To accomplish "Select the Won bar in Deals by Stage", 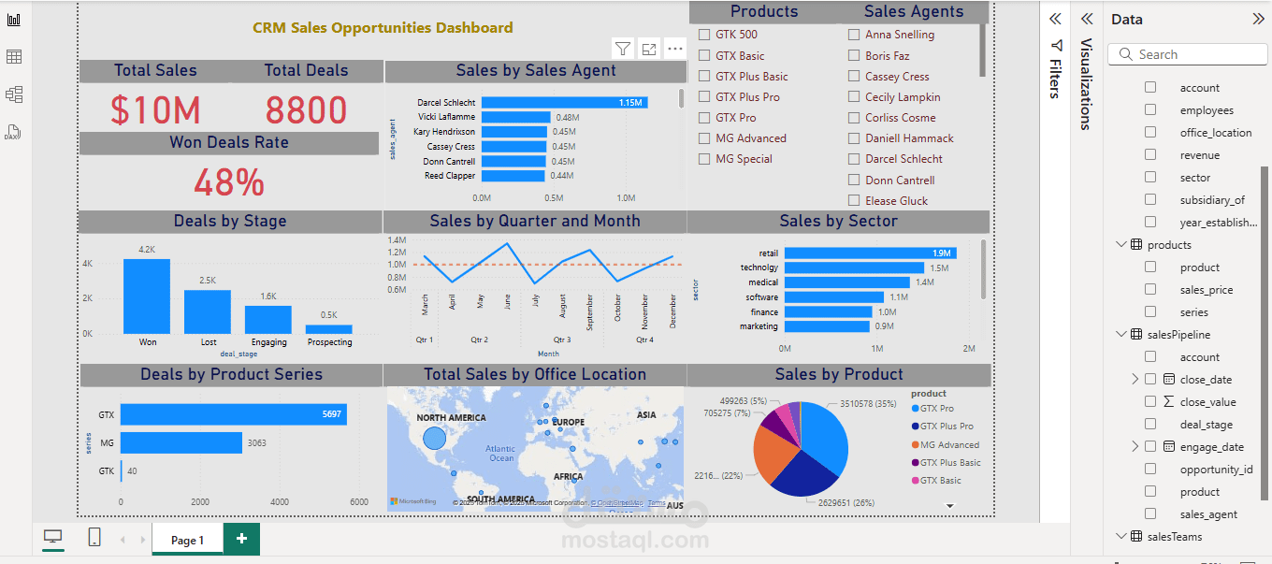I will [x=147, y=296].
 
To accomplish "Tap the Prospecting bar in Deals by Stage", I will [x=329, y=329].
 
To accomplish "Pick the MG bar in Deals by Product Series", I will [x=181, y=442].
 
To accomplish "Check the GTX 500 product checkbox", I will [x=704, y=35].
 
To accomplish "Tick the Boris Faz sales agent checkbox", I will [x=854, y=56].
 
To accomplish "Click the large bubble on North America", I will [x=434, y=438].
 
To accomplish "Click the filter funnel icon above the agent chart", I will [x=623, y=49].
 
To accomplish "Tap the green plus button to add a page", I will [x=241, y=539].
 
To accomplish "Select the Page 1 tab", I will [x=187, y=540].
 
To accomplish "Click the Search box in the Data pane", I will [x=1188, y=54].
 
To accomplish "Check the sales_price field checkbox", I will [x=1150, y=290].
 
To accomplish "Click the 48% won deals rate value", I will [x=229, y=182].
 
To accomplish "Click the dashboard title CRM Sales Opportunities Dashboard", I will [x=383, y=28].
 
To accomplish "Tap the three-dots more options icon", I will [x=675, y=49].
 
